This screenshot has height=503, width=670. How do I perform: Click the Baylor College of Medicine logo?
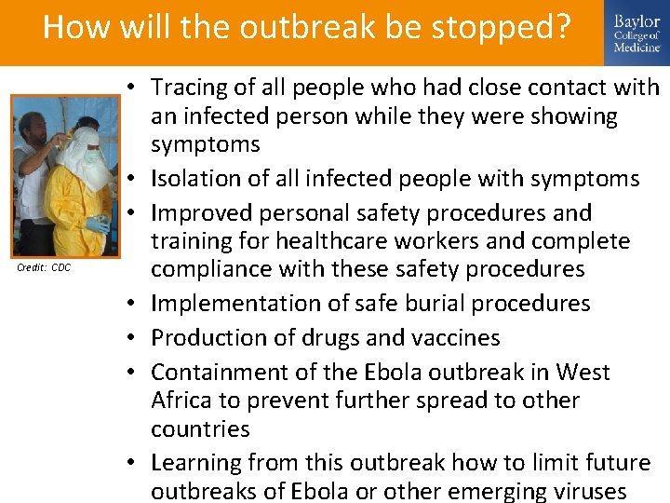(636, 34)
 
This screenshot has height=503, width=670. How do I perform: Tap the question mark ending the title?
(560, 28)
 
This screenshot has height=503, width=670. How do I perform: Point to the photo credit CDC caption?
(44, 268)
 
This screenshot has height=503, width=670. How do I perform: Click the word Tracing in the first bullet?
(185, 88)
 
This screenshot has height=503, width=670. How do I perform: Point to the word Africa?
(180, 401)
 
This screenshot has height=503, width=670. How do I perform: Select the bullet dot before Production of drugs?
(136, 337)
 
